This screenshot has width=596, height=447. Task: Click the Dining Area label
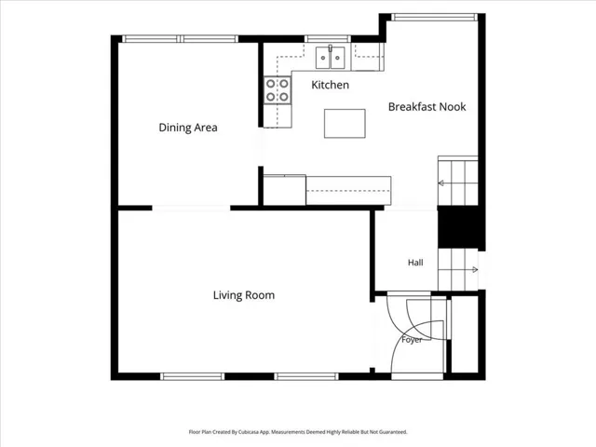(188, 128)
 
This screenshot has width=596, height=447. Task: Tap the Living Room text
(244, 295)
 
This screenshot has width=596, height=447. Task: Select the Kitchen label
(330, 85)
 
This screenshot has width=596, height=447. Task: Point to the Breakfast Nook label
(427, 107)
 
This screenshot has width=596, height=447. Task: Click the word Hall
(415, 263)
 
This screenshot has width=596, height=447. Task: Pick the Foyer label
(412, 339)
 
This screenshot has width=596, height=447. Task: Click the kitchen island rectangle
(345, 124)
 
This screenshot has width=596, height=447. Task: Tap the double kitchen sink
(331, 58)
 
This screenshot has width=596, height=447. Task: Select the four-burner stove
(278, 90)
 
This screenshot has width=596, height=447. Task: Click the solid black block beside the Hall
(460, 227)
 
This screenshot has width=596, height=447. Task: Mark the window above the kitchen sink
(328, 38)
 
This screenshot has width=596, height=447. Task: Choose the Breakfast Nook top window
(434, 17)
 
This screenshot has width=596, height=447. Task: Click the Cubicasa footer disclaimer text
(298, 432)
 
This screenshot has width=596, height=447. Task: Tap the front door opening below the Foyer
(417, 376)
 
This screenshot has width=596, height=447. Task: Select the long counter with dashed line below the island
(348, 190)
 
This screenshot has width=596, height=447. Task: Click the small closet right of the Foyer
(465, 334)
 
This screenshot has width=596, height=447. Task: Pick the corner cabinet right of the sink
(368, 57)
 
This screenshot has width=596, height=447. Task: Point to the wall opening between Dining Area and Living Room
(191, 208)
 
